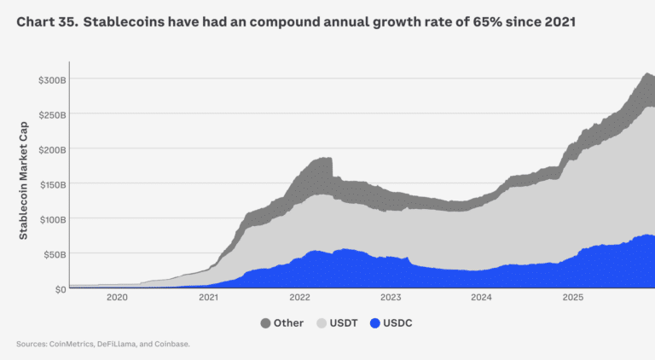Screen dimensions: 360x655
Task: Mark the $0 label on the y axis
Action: click(59, 289)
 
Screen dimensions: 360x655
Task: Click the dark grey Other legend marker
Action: click(266, 324)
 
